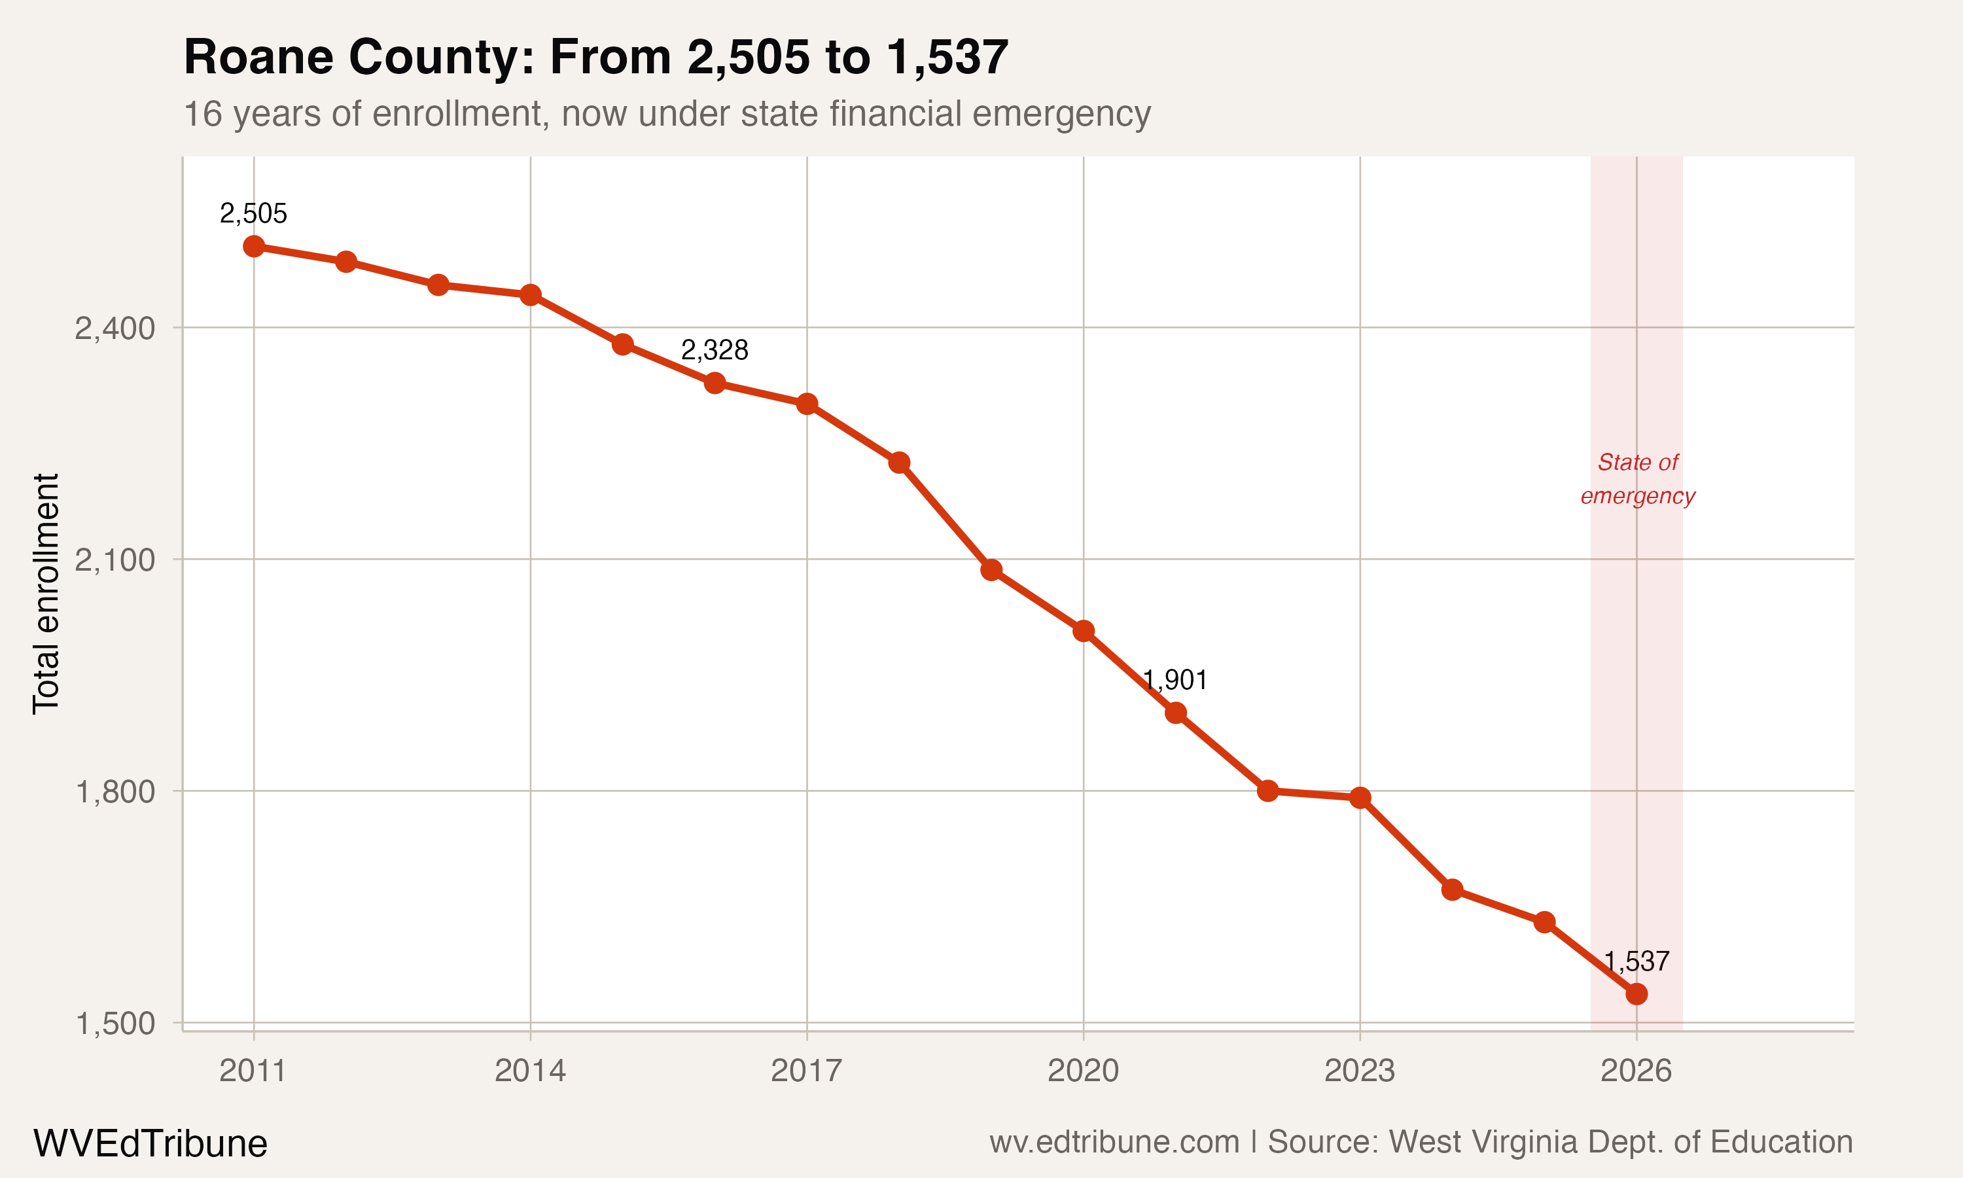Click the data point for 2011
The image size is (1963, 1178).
pos(254,246)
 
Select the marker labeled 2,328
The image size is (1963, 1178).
pos(715,384)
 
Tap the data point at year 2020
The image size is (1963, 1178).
pos(1084,631)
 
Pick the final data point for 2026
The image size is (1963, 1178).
pos(1636,994)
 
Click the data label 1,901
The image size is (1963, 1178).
pos(1175,680)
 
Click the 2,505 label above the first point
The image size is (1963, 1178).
pos(253,213)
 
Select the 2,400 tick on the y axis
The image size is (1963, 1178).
pos(115,328)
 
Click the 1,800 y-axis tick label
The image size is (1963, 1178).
pos(115,791)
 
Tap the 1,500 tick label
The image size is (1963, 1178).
pos(115,1023)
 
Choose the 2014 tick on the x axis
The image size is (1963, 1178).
pos(530,1071)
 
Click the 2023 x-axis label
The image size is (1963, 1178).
pos(1359,1071)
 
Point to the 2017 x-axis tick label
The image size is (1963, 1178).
pos(806,1071)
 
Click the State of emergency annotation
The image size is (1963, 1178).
pos(1638,478)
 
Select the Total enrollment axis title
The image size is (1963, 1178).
pos(46,594)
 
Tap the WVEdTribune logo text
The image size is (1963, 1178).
pos(150,1143)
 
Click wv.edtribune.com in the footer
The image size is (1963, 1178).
pos(1114,1142)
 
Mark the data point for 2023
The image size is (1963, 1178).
pos(1360,798)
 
